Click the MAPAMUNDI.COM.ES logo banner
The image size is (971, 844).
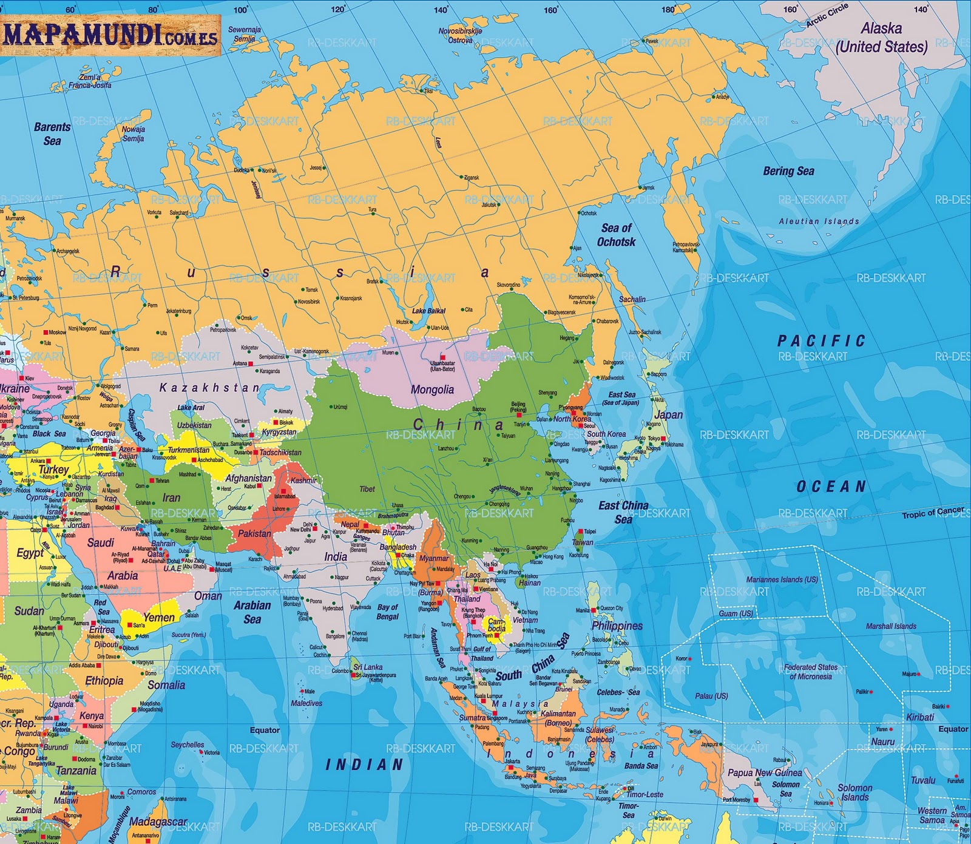click(110, 35)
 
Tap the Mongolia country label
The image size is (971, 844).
click(432, 390)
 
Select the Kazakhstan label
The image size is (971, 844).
click(209, 387)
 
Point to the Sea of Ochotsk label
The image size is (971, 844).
click(616, 235)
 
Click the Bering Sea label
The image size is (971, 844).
click(788, 171)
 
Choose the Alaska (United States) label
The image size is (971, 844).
click(881, 37)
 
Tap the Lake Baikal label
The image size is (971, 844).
click(428, 311)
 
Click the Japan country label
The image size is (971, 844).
click(669, 415)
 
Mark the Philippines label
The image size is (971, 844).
click(617, 626)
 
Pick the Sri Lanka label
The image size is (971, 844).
click(368, 667)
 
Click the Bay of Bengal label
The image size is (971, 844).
click(388, 612)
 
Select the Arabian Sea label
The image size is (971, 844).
click(252, 612)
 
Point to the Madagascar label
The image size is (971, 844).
click(158, 822)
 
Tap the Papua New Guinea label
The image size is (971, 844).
click(765, 772)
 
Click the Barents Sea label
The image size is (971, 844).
click(52, 133)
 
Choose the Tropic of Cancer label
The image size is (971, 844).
click(932, 513)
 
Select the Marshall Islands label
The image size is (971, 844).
click(891, 626)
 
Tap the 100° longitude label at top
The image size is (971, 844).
click(241, 10)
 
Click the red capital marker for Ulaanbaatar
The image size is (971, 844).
click(443, 357)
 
